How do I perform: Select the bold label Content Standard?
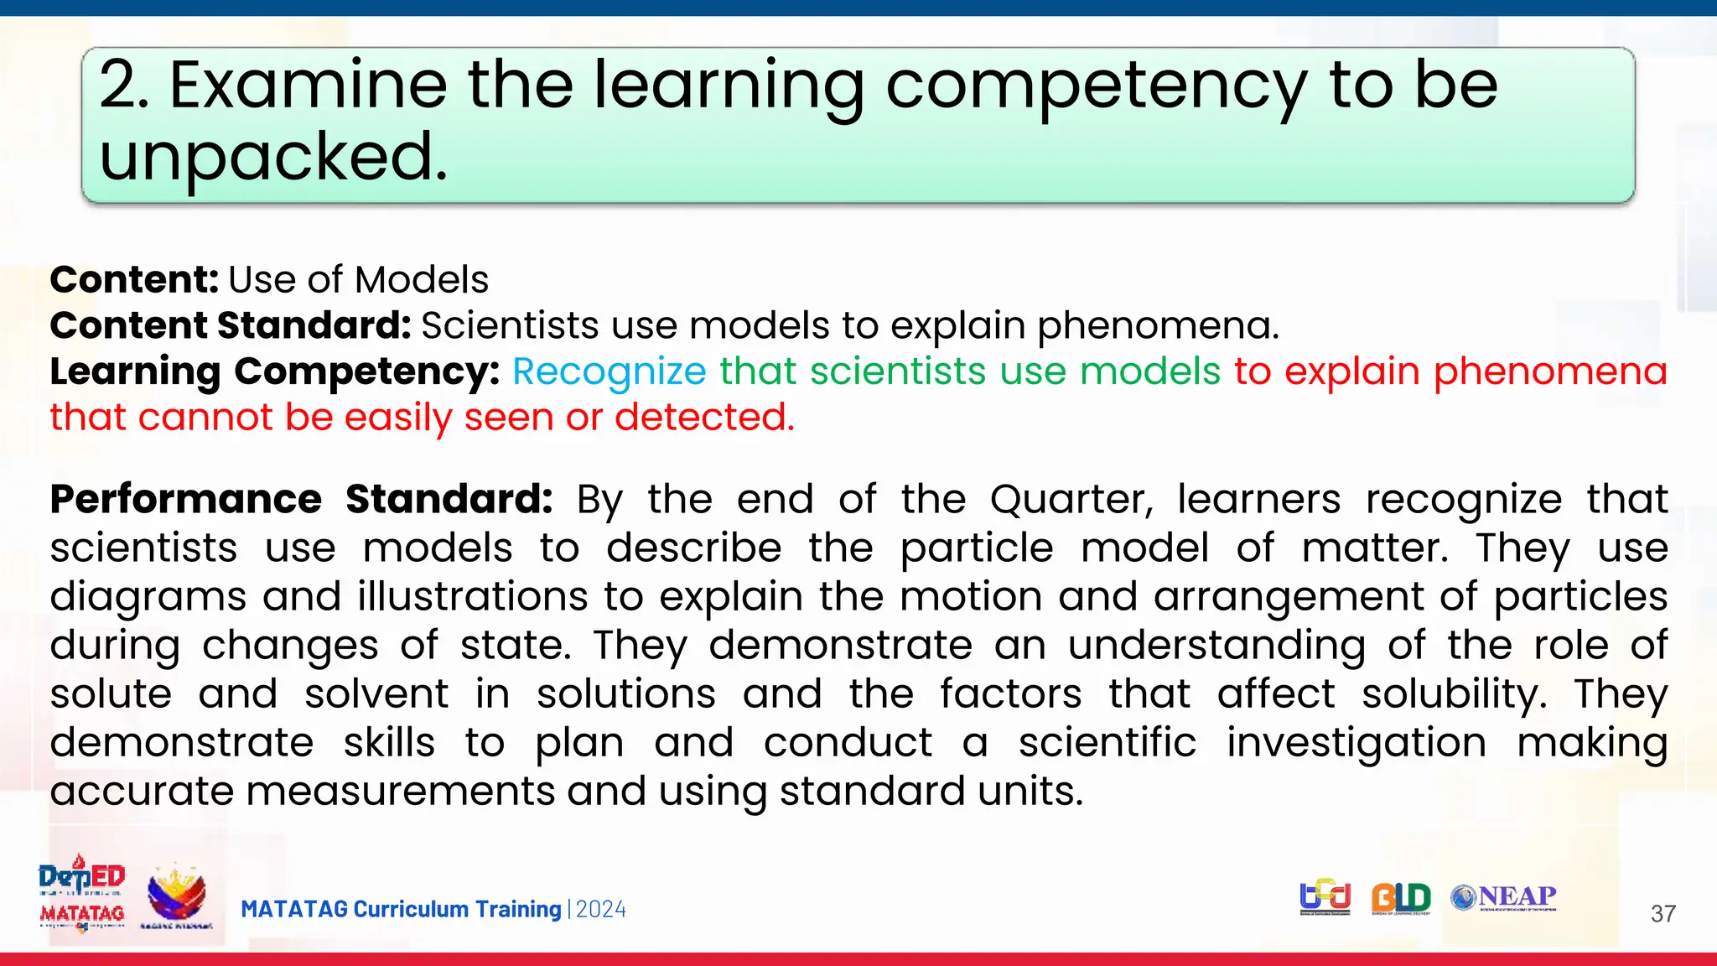(230, 325)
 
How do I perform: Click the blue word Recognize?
(610, 371)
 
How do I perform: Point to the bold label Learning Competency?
(274, 371)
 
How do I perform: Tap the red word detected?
(703, 417)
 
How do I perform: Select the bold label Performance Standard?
(301, 500)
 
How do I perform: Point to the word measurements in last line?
(400, 792)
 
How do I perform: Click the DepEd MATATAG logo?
(81, 894)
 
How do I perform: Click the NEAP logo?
(1504, 897)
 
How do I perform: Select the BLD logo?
(1400, 898)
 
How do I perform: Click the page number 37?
(1663, 913)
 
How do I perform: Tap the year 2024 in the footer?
(601, 910)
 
